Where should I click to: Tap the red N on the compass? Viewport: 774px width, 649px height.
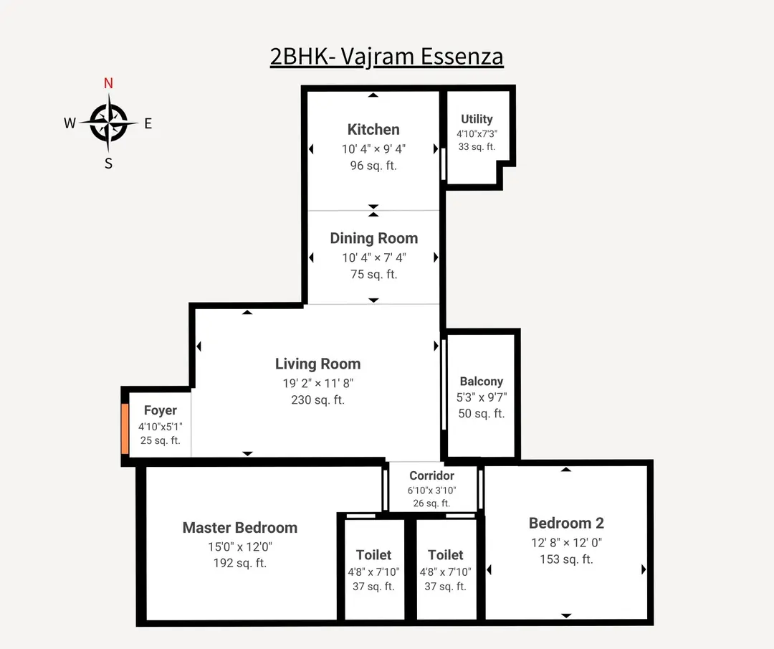(108, 82)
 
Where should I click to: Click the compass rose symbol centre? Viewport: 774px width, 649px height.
(109, 123)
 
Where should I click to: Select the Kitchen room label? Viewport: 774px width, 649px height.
(373, 130)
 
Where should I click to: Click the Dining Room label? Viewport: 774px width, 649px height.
(373, 238)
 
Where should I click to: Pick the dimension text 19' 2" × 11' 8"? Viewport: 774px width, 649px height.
(317, 383)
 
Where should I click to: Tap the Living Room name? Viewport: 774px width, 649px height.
(317, 364)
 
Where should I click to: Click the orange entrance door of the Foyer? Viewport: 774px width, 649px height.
(125, 429)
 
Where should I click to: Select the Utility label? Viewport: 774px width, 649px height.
(477, 119)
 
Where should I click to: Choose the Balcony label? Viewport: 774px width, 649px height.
(482, 382)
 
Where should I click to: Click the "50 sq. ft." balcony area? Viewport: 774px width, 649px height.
(482, 413)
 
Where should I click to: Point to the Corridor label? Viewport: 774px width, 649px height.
(431, 475)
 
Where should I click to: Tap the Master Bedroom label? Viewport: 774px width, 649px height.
(240, 528)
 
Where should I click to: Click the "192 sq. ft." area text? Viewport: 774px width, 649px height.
(240, 563)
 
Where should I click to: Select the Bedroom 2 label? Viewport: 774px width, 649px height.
(566, 523)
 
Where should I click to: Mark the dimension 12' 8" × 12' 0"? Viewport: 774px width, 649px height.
(566, 543)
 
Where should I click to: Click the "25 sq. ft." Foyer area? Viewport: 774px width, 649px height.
(160, 440)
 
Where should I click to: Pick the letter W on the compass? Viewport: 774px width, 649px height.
(70, 123)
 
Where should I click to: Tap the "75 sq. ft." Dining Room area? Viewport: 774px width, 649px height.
(373, 274)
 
